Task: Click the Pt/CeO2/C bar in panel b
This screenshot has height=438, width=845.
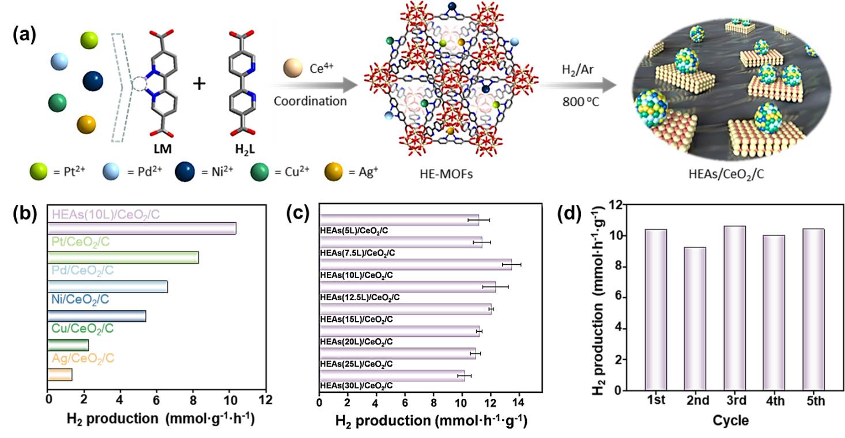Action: coord(123,257)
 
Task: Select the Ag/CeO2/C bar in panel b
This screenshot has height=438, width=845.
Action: coord(59,375)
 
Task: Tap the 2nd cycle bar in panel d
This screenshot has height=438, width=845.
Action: coord(695,319)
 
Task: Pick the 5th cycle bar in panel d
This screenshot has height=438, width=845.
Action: coord(814,310)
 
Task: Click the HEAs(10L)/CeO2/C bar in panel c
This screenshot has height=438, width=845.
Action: coord(416,265)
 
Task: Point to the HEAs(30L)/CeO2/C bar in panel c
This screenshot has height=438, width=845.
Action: coord(392,376)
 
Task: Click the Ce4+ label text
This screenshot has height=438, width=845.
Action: coord(322,68)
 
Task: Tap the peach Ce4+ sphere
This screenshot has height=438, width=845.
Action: coord(293,68)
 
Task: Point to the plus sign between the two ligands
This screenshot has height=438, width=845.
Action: coord(199,84)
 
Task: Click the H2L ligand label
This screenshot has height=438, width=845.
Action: coord(245,149)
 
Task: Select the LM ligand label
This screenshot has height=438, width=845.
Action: coord(163,149)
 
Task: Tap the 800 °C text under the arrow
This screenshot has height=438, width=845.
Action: coord(580,102)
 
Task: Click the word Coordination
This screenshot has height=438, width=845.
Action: coord(310,101)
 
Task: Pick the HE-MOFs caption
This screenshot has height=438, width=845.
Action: coord(446,174)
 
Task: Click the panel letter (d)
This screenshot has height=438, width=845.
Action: coord(569,214)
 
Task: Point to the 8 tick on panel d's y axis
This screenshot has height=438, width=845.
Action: coord(617,267)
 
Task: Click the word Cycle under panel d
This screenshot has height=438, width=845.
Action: coord(731,420)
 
